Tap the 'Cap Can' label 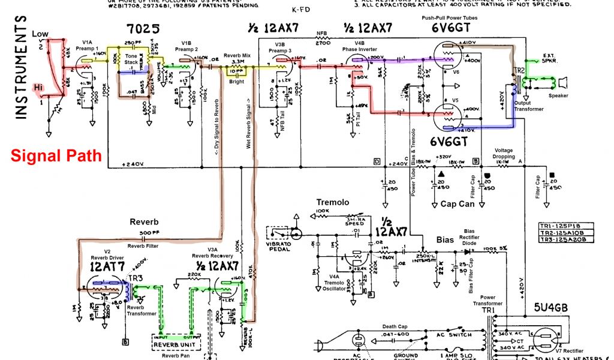tap(458, 204)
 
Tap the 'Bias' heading tap(444, 239)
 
